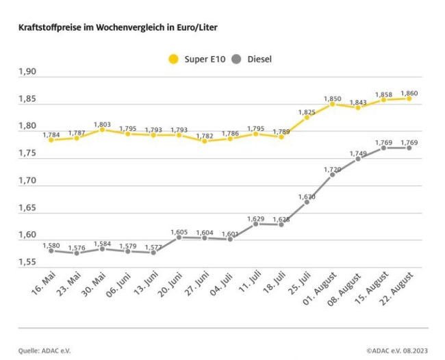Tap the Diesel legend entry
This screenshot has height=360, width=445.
(253, 59)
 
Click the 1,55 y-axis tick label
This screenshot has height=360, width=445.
(30, 261)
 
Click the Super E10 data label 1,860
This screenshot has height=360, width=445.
(409, 92)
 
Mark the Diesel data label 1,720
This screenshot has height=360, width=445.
(332, 168)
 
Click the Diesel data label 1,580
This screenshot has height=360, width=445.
(51, 245)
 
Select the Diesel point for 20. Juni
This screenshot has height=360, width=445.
(179, 237)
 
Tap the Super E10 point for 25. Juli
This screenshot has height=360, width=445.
(307, 117)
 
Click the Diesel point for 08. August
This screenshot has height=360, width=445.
(358, 159)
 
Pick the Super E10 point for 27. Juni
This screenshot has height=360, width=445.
(204, 141)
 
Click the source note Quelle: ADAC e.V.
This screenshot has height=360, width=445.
(44, 350)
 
